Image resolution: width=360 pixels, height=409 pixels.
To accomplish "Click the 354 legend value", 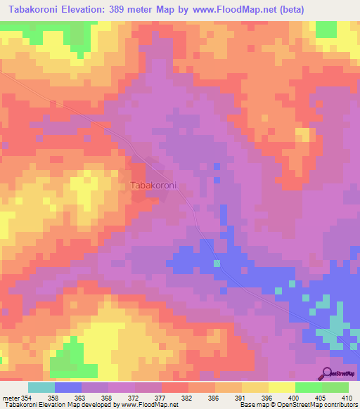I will click(x=30, y=398).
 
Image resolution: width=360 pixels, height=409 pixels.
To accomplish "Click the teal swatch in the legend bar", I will click(x=41, y=387).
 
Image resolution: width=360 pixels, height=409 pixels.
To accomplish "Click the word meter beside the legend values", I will click(x=11, y=398).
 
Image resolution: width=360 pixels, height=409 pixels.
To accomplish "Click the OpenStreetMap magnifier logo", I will click(x=328, y=373).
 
